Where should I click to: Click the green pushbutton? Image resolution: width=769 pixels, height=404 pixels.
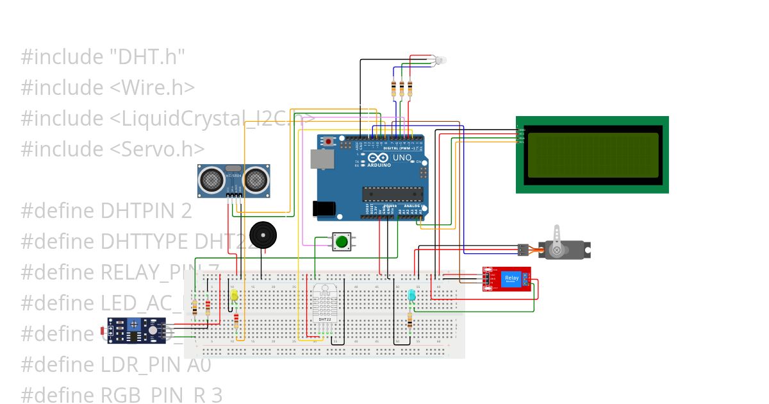(x=342, y=242)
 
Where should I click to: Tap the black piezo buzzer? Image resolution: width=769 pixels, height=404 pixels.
(x=263, y=235)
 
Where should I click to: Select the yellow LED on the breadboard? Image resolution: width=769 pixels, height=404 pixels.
(x=234, y=296)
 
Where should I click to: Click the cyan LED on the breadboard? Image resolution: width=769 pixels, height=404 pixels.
(x=411, y=296)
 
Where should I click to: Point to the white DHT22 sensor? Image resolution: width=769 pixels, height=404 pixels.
(x=324, y=305)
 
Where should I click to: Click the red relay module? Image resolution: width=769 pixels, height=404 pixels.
(x=507, y=279)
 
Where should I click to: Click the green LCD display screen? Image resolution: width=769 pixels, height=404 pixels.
(x=592, y=155)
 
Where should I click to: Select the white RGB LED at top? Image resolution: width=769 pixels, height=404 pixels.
(x=440, y=60)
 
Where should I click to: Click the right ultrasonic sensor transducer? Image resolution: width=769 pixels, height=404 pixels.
(x=256, y=179)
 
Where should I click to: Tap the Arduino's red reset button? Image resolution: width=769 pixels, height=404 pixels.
(x=329, y=140)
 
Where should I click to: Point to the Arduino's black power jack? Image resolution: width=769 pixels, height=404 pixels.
(x=324, y=209)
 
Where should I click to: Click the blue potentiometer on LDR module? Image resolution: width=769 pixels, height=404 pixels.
(x=135, y=324)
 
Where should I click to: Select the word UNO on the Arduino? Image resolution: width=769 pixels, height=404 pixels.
(x=402, y=157)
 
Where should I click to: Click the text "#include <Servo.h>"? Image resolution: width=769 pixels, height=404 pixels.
(x=113, y=149)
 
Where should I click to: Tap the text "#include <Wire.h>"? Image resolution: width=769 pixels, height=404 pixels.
(x=108, y=87)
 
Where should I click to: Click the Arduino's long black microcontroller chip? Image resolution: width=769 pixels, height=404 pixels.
(x=392, y=194)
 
